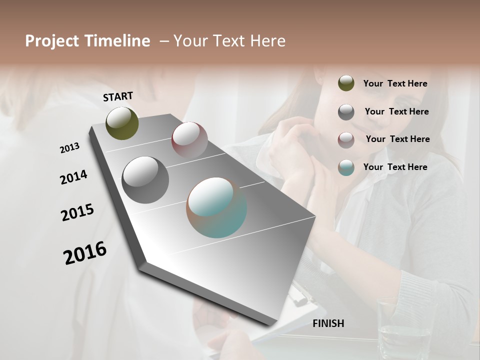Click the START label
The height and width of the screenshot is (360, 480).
point(118,96)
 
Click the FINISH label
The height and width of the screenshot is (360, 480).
point(328,323)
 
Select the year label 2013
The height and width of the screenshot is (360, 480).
point(69,148)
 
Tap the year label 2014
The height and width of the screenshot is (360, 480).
point(73,177)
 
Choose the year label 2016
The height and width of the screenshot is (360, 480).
point(85,253)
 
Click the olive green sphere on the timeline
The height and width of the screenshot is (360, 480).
point(122,123)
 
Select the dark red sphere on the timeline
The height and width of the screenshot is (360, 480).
point(189,140)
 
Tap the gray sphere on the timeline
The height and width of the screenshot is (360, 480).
point(145,180)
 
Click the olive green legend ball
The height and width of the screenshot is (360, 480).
point(346,83)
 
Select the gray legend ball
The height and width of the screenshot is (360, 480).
point(346,112)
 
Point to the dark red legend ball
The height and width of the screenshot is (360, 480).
point(346,140)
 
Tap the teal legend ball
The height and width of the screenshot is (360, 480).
point(346,168)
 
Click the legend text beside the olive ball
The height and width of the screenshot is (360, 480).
point(395,83)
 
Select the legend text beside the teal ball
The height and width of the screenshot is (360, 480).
point(395,167)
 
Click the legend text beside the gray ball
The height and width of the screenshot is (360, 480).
point(396,111)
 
